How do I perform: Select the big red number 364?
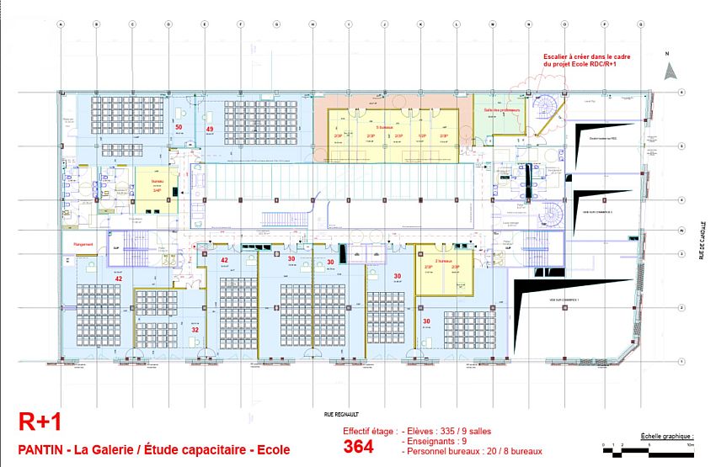pyautogui.click(x=358, y=447)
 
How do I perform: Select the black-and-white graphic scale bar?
pyautogui.click(x=649, y=451)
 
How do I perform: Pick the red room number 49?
pyautogui.click(x=209, y=129)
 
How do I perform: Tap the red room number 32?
pyautogui.click(x=195, y=330)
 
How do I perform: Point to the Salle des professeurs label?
pyautogui.click(x=503, y=110)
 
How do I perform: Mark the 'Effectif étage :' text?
pyautogui.click(x=369, y=431)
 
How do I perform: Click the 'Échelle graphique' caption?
pyautogui.click(x=667, y=437)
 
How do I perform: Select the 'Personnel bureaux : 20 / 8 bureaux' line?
pyautogui.click(x=473, y=452)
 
